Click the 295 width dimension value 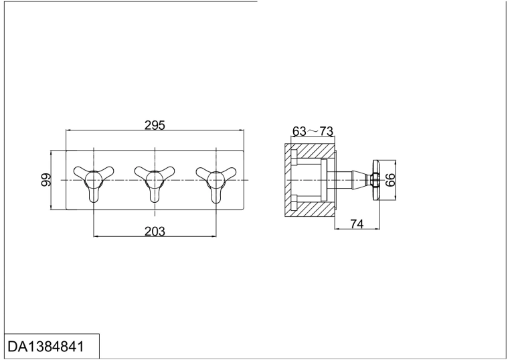click(x=155, y=125)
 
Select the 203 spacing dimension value click(x=155, y=232)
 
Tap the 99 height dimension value click(x=46, y=180)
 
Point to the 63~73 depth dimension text click(x=313, y=131)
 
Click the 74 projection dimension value click(x=357, y=223)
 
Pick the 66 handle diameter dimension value click(x=390, y=180)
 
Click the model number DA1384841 click(x=46, y=347)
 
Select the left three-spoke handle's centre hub click(x=94, y=180)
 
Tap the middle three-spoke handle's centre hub click(x=155, y=180)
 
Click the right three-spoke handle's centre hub click(x=216, y=180)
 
